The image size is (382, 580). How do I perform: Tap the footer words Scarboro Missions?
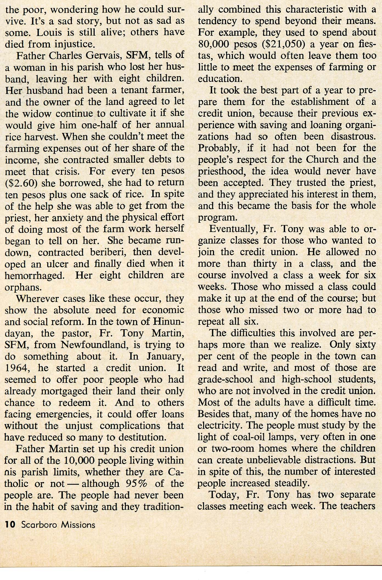click(58, 525)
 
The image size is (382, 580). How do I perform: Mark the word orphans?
click(23, 287)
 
